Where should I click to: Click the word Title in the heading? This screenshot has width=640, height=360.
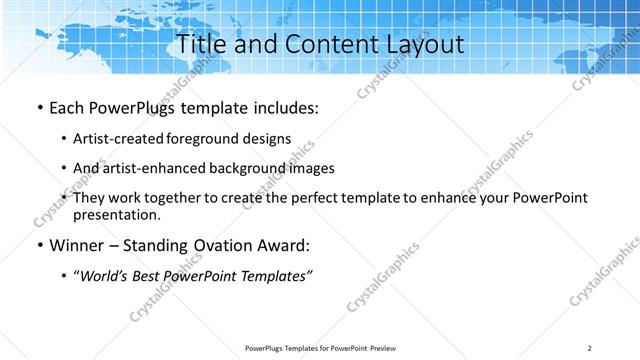point(200,45)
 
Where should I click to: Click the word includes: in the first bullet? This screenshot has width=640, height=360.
point(281,107)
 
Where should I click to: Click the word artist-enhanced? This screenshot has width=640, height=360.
point(151,168)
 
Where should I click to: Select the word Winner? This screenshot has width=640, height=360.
point(78,245)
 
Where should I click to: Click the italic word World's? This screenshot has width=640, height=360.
point(105,276)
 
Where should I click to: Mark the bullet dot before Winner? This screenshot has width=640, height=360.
point(39,246)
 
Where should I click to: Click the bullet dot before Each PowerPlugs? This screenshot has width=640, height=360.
point(39,108)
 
